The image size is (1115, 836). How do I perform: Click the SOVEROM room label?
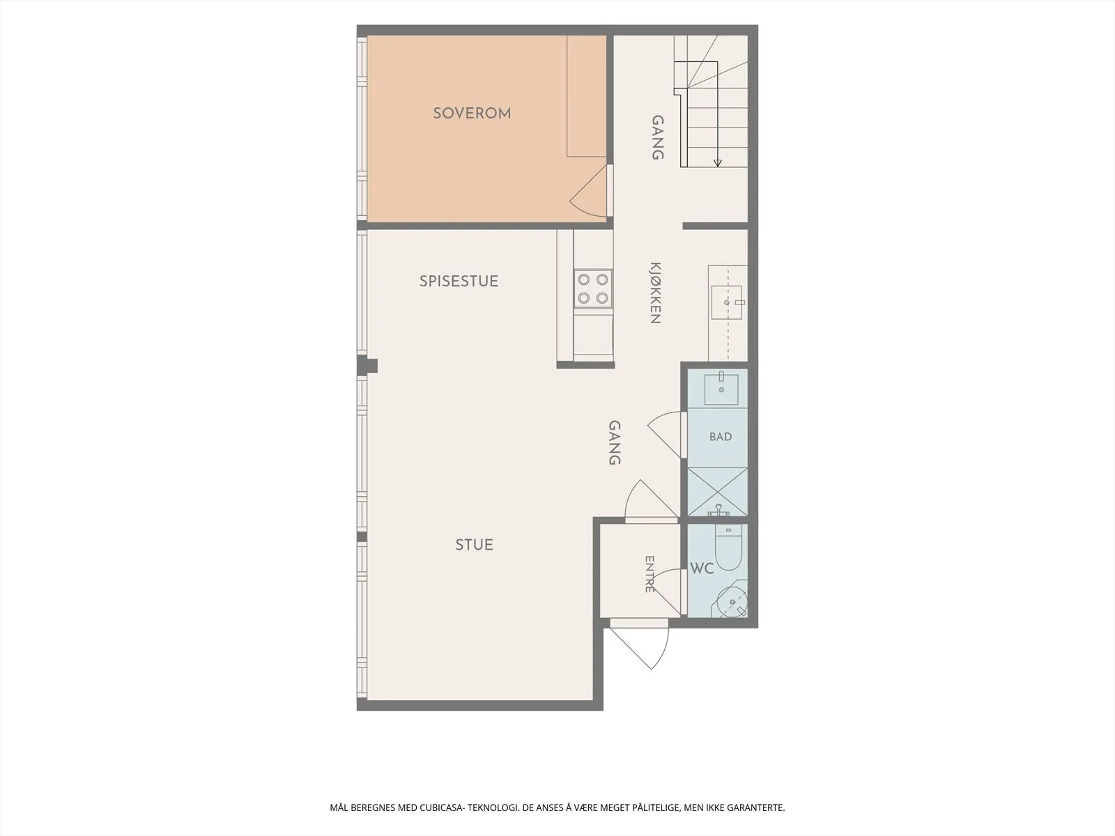(472, 113)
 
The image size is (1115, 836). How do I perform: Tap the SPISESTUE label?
(459, 281)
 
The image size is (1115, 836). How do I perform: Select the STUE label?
(474, 545)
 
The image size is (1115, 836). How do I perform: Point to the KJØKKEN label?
(655, 293)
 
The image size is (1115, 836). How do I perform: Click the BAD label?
(721, 437)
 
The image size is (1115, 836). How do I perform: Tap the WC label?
(702, 568)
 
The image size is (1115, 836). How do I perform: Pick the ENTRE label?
(649, 574)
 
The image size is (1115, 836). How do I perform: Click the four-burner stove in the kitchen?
(593, 288)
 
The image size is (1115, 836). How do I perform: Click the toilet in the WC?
(728, 547)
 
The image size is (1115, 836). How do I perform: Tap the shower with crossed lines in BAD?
(717, 492)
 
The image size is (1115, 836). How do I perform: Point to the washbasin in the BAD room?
(721, 389)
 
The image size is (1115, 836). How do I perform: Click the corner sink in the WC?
(730, 601)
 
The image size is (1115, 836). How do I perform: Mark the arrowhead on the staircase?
(717, 163)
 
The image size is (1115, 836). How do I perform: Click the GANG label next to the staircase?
(658, 137)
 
